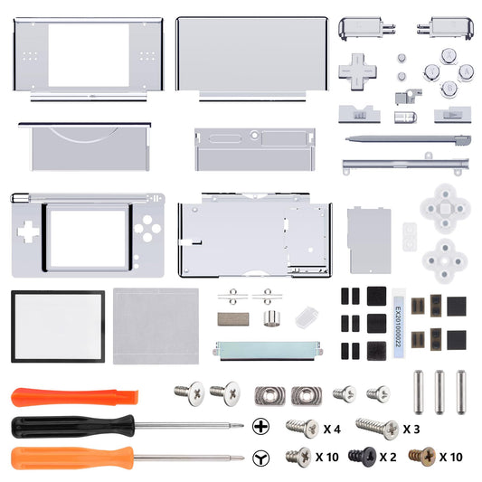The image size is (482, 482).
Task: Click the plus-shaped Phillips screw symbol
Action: pos(262,426)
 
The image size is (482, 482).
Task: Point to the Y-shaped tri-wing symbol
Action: pos(262,457)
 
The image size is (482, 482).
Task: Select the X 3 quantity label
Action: pos(411,427)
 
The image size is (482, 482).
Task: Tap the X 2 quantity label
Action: pos(387,457)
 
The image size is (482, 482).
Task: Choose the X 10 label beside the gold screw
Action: pos(452,457)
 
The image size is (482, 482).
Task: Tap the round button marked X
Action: pos(449,55)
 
